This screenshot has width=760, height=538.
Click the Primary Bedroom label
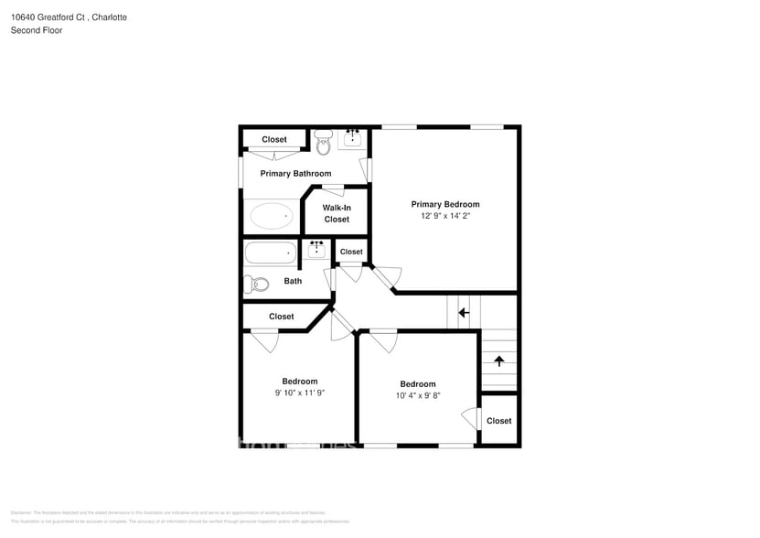click(444, 204)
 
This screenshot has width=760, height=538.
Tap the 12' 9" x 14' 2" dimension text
click(444, 216)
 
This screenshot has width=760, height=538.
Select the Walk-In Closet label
click(336, 213)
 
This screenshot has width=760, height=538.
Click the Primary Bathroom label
click(295, 173)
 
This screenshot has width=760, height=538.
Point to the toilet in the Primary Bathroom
click(323, 142)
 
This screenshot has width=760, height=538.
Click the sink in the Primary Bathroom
click(352, 139)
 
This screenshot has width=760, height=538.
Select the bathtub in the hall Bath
click(271, 252)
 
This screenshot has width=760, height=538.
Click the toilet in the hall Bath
click(256, 284)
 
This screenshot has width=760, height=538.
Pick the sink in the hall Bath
click(317, 249)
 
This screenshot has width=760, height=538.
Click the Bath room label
click(293, 281)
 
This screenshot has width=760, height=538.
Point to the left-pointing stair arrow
click(464, 312)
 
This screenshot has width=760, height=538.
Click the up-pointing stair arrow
click(498, 360)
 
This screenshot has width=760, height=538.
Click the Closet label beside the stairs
click(498, 421)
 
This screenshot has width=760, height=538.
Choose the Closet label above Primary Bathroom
click(274, 139)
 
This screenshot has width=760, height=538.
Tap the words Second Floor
click(36, 30)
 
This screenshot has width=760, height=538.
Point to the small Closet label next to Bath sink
click(351, 252)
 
